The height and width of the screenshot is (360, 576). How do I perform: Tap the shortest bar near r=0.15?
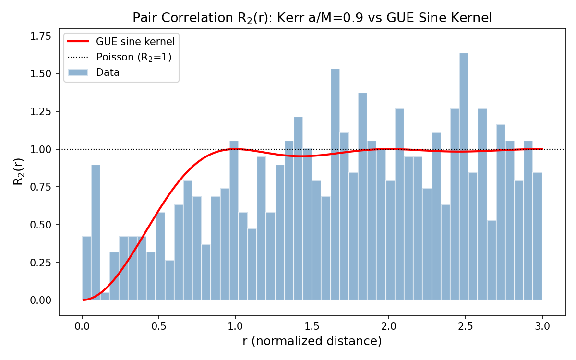coord(105,296)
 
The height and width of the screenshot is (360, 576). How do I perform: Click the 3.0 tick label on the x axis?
coord(542,326)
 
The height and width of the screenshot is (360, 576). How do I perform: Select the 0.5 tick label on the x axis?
coord(159,326)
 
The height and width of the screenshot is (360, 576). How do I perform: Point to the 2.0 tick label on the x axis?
coord(389,326)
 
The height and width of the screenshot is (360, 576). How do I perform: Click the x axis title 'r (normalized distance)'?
coord(312,341)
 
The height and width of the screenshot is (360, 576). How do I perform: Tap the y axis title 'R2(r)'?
coord(18,168)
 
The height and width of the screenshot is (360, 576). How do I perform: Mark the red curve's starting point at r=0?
coord(83,300)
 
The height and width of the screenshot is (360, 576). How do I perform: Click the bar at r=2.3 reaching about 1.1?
coord(436,216)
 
